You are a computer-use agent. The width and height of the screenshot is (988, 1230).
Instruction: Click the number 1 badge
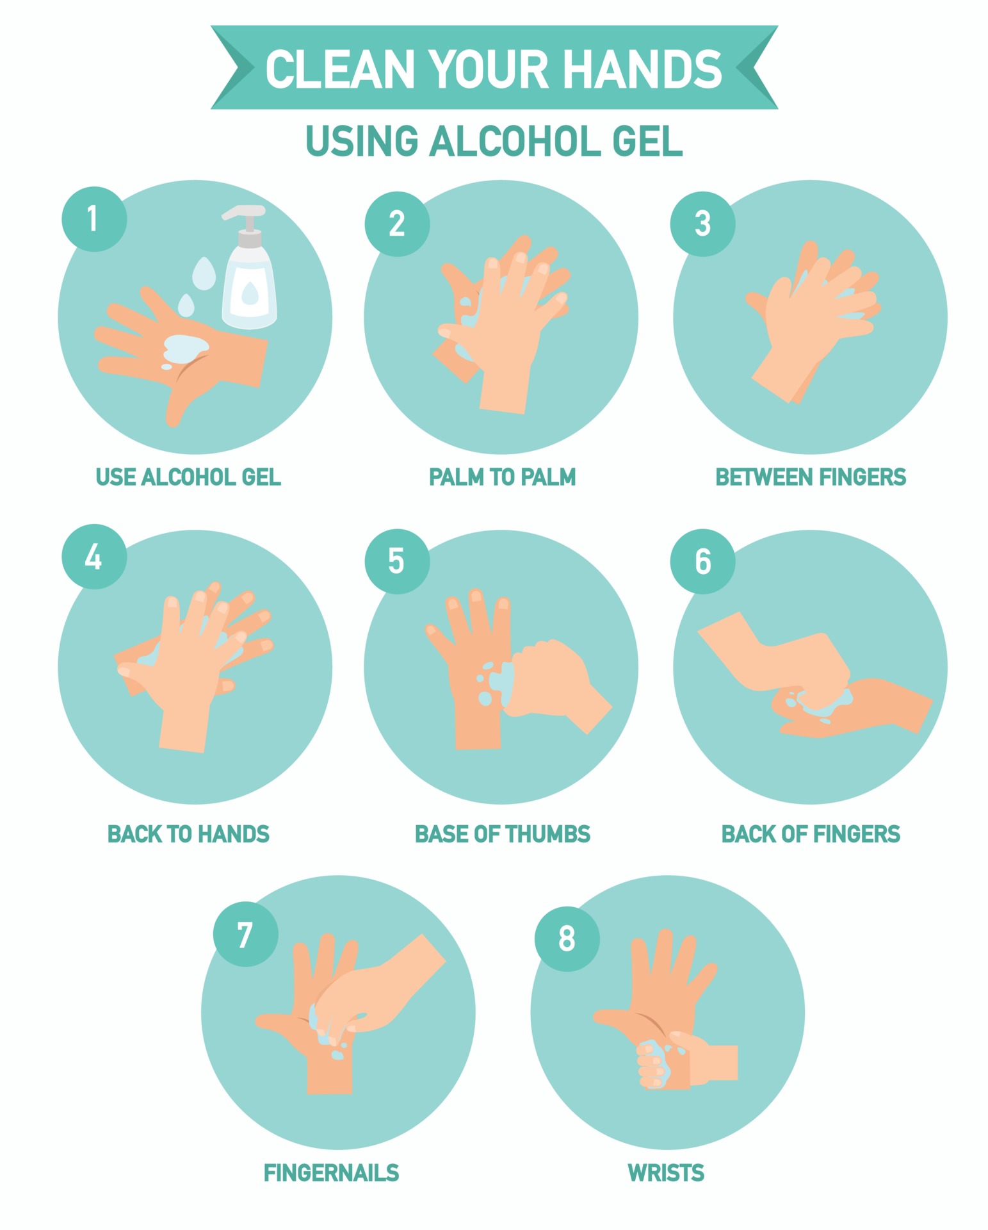point(94,218)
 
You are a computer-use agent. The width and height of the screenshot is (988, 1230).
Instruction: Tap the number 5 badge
point(397,561)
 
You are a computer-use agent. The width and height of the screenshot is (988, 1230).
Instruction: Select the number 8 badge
point(567,939)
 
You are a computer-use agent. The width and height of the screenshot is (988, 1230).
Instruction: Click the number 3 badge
point(702,224)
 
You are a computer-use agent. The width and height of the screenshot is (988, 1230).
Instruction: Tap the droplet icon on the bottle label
point(250,293)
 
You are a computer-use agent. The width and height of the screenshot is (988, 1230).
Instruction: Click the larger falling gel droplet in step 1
point(204,272)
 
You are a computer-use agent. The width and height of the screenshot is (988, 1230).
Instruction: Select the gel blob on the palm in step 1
point(185,348)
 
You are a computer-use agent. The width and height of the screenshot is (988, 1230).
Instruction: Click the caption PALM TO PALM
point(502,477)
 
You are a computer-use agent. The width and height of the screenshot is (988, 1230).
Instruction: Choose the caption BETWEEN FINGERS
point(810,477)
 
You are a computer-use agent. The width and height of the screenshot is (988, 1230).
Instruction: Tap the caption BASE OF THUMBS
point(502,834)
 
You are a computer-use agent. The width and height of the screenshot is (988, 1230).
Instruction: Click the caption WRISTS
point(666,1173)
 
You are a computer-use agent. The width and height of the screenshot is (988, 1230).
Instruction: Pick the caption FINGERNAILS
point(331,1173)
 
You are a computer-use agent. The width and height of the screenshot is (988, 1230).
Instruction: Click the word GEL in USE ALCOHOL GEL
point(261,477)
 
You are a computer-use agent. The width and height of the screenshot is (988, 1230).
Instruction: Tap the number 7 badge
point(245,935)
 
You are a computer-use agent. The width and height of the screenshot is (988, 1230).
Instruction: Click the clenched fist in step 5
point(551,679)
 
